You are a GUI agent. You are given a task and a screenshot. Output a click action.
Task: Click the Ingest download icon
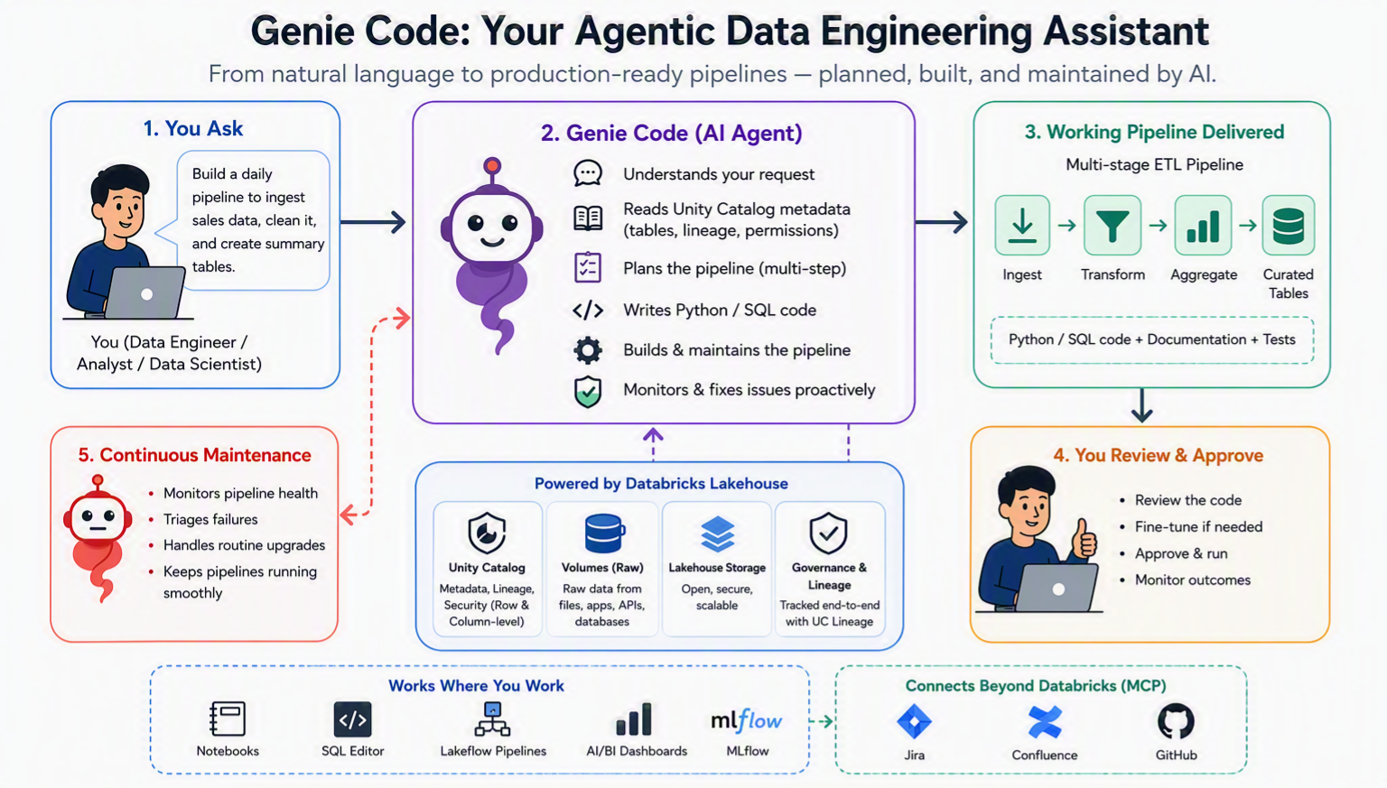1021,226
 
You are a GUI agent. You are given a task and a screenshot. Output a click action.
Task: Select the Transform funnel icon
1112,226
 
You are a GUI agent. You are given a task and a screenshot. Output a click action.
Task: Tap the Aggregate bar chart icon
1203,226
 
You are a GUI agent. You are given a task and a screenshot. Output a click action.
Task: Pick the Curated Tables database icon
1288,226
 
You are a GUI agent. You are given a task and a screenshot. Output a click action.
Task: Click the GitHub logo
1175,721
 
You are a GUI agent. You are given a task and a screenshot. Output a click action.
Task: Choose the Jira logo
914,721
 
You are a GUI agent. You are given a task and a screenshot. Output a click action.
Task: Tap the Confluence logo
1045,722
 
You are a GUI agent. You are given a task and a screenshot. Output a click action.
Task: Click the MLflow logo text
747,720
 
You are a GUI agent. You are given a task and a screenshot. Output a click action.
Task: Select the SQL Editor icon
352,719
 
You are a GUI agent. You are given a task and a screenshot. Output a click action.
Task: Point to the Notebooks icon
228,718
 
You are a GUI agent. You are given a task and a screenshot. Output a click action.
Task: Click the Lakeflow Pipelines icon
492,718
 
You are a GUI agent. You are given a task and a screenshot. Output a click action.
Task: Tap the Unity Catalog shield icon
487,533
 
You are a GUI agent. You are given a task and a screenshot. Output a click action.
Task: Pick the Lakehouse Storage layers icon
717,533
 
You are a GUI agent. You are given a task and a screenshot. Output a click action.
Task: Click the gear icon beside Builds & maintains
588,350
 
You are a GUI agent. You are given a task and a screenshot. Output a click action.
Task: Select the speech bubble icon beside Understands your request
588,173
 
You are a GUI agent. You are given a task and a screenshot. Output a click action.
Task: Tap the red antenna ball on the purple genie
492,165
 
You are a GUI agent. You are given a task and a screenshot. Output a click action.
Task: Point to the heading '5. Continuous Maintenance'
194,455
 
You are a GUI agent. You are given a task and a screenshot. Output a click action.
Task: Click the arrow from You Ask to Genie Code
373,222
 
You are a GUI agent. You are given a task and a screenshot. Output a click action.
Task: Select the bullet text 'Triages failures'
210,519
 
